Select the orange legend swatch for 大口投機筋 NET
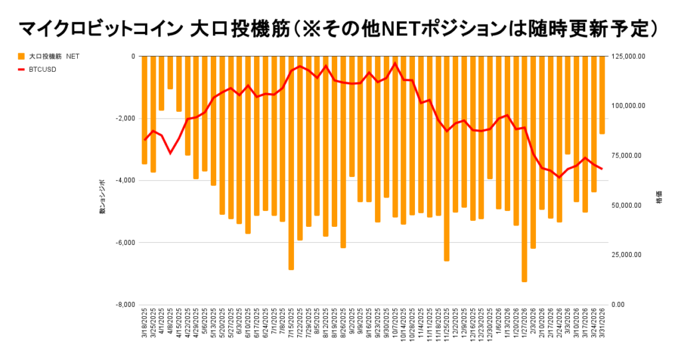(x=21, y=57)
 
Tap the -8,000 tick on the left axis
(x=124, y=305)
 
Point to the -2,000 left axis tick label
(x=124, y=118)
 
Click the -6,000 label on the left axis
(x=124, y=243)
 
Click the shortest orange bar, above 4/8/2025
(x=170, y=73)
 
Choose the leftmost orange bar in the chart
(x=144, y=110)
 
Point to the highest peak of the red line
(x=395, y=63)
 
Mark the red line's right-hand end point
(x=602, y=169)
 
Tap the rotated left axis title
(x=102, y=197)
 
